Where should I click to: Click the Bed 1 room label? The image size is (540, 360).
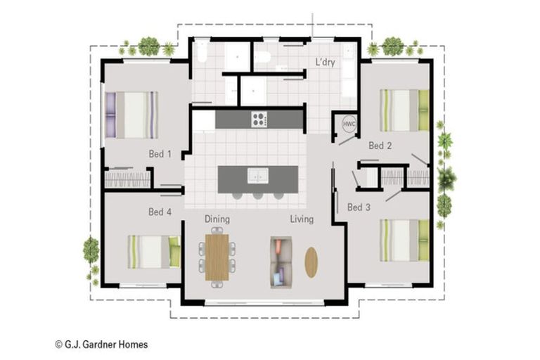[x=160, y=153]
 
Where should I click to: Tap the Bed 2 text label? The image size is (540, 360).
[x=380, y=146]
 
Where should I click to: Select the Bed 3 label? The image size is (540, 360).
[x=359, y=207]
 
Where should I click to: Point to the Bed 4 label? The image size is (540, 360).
[x=160, y=212]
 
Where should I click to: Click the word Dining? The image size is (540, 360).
[x=217, y=219]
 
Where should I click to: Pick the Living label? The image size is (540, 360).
[x=302, y=219]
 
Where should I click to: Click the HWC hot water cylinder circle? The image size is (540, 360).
[x=349, y=124]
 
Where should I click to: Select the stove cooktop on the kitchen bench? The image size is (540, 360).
[x=259, y=119]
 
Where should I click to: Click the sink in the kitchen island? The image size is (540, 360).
[x=257, y=176]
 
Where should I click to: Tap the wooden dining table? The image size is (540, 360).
[x=217, y=256]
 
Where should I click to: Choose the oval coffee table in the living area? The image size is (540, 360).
[x=311, y=262]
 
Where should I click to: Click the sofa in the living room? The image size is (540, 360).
[x=281, y=262]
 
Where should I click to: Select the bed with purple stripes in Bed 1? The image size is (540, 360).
[x=131, y=115]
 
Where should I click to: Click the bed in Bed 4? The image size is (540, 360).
[x=153, y=251]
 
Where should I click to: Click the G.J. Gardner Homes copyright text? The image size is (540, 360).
[x=101, y=345]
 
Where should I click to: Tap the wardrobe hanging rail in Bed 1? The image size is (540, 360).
[x=127, y=179]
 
